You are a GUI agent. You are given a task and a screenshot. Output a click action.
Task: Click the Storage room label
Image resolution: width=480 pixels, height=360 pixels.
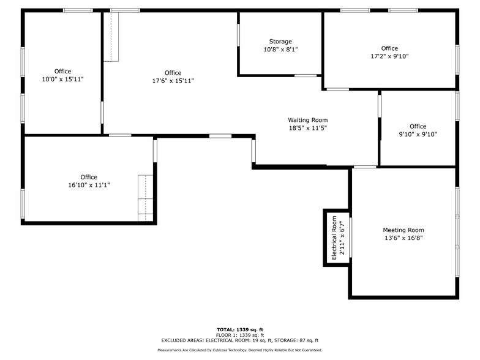(280, 41)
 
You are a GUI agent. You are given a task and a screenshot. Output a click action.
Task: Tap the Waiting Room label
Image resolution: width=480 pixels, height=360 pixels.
(308, 120)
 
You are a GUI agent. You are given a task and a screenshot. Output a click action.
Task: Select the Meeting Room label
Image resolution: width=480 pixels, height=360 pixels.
(403, 230)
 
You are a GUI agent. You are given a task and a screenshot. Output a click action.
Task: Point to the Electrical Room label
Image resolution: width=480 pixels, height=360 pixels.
(334, 238)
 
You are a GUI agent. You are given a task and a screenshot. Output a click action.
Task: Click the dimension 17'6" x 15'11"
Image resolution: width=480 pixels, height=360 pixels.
(173, 81)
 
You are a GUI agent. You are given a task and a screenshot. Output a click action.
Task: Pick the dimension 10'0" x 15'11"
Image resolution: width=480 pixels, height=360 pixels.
(62, 79)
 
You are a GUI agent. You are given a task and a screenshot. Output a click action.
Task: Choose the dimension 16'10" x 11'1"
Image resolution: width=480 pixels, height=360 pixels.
(89, 185)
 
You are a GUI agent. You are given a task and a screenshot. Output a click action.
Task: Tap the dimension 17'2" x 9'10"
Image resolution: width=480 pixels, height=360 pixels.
(389, 56)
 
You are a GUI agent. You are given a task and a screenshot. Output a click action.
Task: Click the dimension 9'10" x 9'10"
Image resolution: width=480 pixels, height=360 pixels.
(418, 134)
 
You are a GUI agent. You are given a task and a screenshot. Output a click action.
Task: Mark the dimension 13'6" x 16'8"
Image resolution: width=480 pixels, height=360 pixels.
(403, 238)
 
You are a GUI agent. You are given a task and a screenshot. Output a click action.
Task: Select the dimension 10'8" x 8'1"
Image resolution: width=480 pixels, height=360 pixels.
(280, 49)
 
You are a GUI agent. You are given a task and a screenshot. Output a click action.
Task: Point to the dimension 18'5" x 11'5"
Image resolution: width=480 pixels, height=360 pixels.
(308, 128)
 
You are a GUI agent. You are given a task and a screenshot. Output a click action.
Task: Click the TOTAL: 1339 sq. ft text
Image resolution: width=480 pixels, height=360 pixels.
(240, 329)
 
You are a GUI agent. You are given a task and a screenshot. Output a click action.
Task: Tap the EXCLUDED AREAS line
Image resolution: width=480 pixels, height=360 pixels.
(240, 340)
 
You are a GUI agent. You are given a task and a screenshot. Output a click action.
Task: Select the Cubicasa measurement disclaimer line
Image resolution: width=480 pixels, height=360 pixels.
(240, 350)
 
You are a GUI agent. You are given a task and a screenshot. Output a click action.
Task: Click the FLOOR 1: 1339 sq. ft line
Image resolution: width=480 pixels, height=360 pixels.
(240, 335)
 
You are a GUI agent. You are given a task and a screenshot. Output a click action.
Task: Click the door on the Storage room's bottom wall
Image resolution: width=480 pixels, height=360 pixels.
(305, 76)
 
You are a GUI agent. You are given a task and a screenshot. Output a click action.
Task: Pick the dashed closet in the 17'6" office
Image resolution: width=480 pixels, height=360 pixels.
(111, 37)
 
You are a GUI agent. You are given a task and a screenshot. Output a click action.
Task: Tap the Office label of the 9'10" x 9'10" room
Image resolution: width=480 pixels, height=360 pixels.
(418, 126)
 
